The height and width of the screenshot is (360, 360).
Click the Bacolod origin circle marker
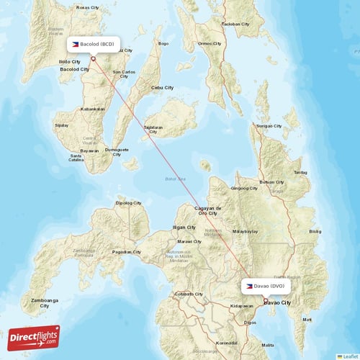pyautogui.click(x=93, y=59)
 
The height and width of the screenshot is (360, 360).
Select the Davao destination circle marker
pyautogui.click(x=264, y=300)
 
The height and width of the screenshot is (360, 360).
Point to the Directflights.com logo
pyautogui.click(x=35, y=337)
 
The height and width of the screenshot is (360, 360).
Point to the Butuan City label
pyautogui.click(x=271, y=182)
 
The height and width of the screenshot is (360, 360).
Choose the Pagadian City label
pyautogui.click(x=127, y=251)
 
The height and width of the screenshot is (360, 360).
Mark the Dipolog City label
pyautogui.click(x=129, y=202)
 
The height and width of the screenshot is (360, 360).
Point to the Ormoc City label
pyautogui.click(x=211, y=43)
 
